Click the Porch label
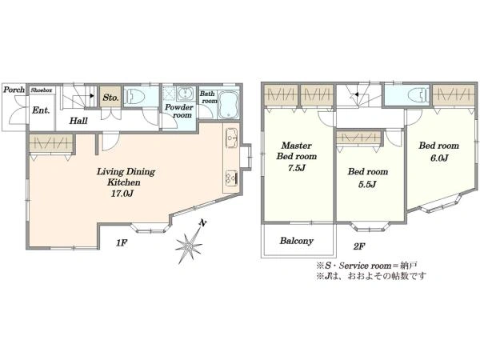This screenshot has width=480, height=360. [x=14, y=90]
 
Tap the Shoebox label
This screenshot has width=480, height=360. [x=42, y=90]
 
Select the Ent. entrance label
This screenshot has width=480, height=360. [x=41, y=110]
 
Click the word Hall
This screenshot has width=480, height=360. [x=78, y=121]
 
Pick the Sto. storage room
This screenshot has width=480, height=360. [x=110, y=98]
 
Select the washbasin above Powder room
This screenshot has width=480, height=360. [x=186, y=93]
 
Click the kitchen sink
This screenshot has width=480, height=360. [x=232, y=138]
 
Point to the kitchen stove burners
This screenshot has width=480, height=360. [x=232, y=178]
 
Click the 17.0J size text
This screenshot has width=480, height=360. [x=122, y=194]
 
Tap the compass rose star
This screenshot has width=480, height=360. [x=189, y=246]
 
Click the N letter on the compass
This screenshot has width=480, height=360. [x=202, y=223]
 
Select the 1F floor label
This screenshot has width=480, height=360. [x=122, y=243]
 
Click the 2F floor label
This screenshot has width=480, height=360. [x=359, y=246]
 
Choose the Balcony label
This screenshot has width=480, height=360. [x=296, y=241]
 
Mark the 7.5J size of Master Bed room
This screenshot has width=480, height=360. [x=296, y=168]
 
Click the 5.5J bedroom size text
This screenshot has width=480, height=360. [x=367, y=184]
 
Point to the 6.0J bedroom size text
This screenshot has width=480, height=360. [x=439, y=158]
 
